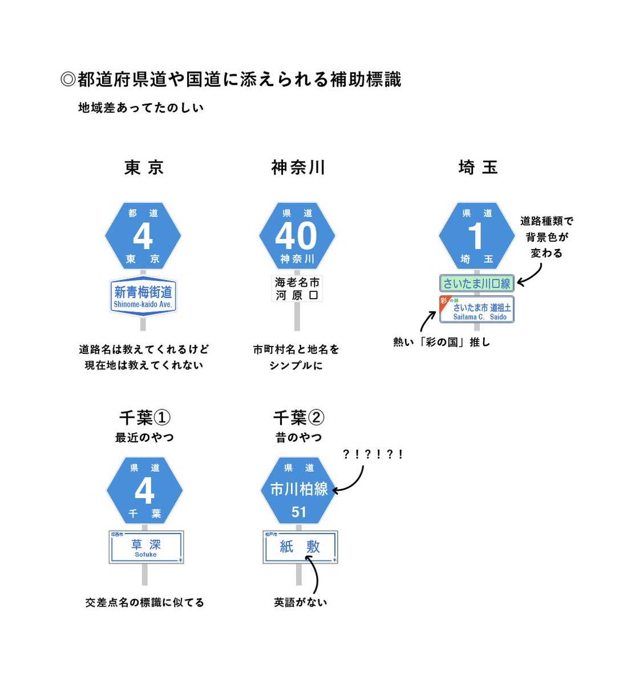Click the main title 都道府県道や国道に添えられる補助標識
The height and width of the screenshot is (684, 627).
(231, 79)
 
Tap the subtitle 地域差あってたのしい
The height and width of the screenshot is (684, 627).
(141, 108)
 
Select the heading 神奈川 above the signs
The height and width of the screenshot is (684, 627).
(298, 168)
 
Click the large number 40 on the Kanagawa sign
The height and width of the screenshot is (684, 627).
(296, 235)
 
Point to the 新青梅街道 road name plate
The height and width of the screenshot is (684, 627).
(143, 296)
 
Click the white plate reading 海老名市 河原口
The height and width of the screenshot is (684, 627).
(297, 288)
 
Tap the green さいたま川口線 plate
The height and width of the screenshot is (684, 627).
(477, 283)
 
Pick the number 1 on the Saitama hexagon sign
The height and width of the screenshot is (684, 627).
(476, 236)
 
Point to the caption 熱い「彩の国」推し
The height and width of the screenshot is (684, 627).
(441, 342)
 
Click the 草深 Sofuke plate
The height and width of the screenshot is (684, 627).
(145, 548)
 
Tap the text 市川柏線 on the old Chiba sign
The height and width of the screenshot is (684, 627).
(299, 489)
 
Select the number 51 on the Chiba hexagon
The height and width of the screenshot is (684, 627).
(299, 512)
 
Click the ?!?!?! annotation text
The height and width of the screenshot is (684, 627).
(373, 454)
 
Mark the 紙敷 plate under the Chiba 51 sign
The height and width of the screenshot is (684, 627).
(300, 548)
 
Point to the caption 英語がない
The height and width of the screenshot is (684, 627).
(300, 602)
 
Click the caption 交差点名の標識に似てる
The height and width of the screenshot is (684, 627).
(144, 602)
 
